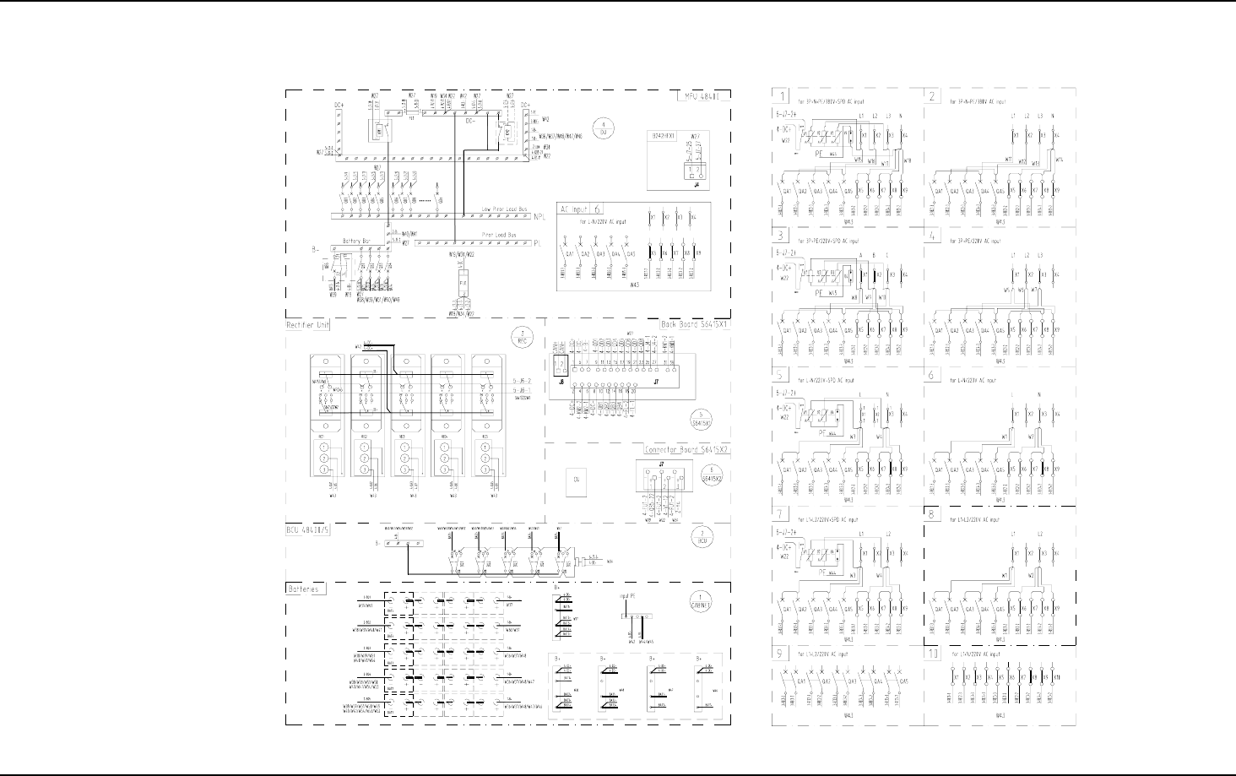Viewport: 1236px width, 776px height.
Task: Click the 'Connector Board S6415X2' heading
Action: [686, 450]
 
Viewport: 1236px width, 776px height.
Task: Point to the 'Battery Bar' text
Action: [358, 241]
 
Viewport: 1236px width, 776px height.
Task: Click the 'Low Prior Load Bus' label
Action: [504, 208]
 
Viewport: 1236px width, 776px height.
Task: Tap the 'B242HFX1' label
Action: [657, 134]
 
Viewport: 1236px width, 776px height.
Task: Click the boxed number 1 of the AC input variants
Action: [783, 95]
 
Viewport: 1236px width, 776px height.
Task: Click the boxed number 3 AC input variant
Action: [783, 236]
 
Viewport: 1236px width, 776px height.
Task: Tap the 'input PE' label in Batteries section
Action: [626, 596]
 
